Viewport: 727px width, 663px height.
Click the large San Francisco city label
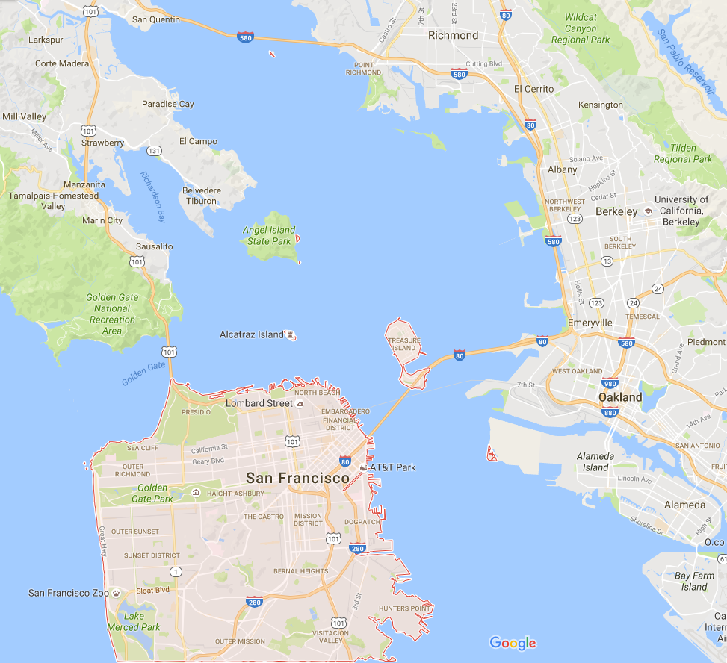pos(298,478)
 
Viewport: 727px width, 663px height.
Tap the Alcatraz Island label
pos(252,334)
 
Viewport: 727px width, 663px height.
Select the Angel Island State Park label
pos(269,236)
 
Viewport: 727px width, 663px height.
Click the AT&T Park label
pos(393,467)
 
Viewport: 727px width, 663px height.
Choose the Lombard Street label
pos(259,403)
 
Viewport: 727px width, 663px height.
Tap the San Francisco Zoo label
pos(69,593)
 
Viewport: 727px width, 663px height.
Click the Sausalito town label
pos(154,246)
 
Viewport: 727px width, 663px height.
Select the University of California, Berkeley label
pos(681,211)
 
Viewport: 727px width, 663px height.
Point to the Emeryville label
pos(590,323)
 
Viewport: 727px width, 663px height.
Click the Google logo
pos(513,643)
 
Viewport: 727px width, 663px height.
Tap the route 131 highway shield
pos(155,150)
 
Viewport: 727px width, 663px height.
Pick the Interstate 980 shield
pos(610,384)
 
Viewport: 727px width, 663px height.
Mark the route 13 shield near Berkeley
pos(607,261)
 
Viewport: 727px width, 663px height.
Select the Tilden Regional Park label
pos(683,153)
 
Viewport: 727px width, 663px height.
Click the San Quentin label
pos(156,19)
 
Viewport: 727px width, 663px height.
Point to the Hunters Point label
pos(404,608)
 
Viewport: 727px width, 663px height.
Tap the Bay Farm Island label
pos(694,581)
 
